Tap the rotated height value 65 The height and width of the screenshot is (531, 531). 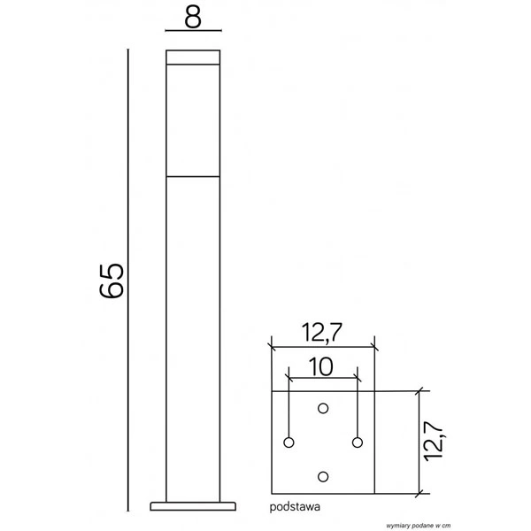coord(112,281)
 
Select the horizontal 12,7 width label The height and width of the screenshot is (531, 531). coord(322,333)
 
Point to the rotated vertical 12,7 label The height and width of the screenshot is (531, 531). coord(435,441)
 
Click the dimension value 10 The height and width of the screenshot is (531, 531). coord(322,366)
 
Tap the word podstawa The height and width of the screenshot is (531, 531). coord(295,508)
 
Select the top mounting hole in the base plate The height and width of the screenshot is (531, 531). coord(323,407)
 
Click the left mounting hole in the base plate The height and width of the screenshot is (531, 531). coord(289,442)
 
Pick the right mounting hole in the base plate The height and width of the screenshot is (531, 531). coord(358,442)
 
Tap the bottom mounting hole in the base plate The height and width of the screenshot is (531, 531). coord(323,476)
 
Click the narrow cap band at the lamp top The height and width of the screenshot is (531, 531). coord(194,58)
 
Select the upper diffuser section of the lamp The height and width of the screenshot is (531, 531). coord(194,119)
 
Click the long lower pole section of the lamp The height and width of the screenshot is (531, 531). coord(194,336)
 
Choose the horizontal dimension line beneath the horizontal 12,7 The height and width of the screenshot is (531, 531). coord(323,347)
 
